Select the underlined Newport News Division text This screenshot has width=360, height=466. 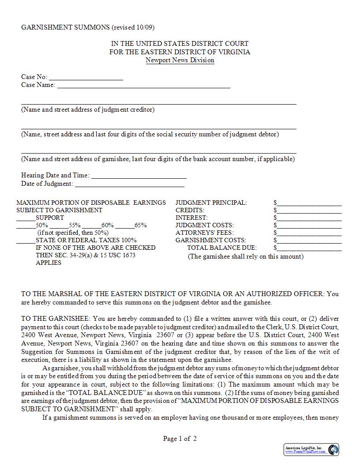coord(180,60)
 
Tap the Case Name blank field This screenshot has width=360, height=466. coord(143,86)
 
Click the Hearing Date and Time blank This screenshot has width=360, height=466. coord(139,176)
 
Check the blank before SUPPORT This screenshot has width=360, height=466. coord(26,218)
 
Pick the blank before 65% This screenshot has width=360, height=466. coord(126,225)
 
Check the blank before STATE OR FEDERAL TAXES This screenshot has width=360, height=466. coord(26,241)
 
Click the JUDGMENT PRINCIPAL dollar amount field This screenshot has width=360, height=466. coord(309,203)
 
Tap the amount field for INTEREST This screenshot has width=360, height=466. coord(309,218)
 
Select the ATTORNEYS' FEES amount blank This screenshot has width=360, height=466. coord(309,233)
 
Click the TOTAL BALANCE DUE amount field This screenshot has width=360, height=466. coord(309,248)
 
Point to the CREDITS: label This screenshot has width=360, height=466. coord(190,210)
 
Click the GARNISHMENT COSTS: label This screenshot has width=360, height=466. coord(205,241)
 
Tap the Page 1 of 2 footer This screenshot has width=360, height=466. coord(180,439)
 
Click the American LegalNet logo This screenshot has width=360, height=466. coord(311,450)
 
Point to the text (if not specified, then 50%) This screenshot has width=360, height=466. coord(73,233)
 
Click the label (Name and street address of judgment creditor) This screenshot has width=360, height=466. coord(88,109)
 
